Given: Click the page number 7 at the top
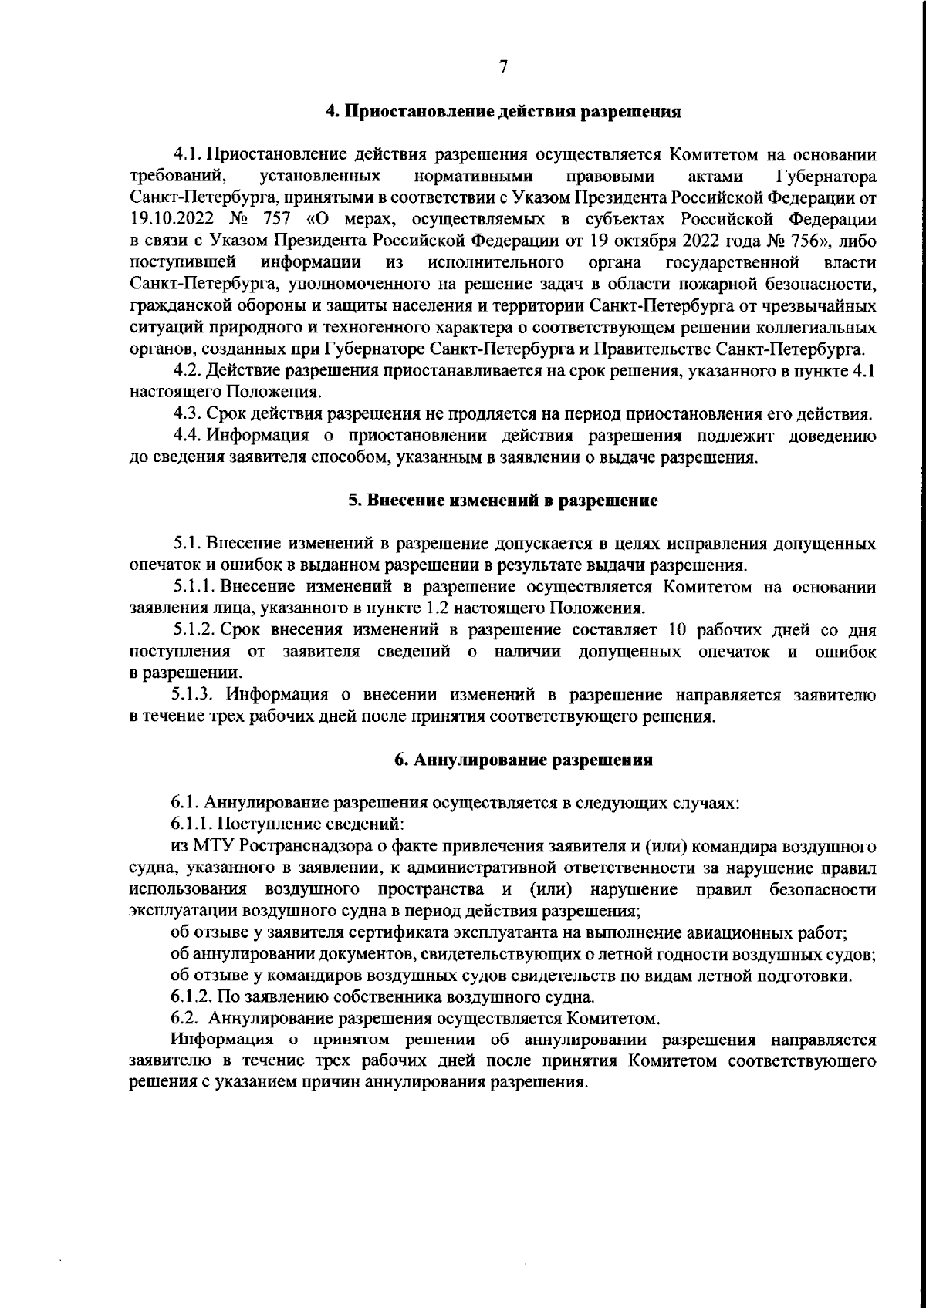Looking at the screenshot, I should pos(502,67).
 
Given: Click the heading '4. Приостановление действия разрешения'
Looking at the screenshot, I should pos(502,112).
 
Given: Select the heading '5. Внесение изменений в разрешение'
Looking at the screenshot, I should pos(502,501).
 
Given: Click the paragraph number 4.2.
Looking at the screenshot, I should pos(188,372).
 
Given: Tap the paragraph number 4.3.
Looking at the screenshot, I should pos(188,414).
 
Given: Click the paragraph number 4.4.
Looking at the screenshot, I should pos(188,437).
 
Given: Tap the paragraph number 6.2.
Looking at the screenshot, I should pos(184,1018).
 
